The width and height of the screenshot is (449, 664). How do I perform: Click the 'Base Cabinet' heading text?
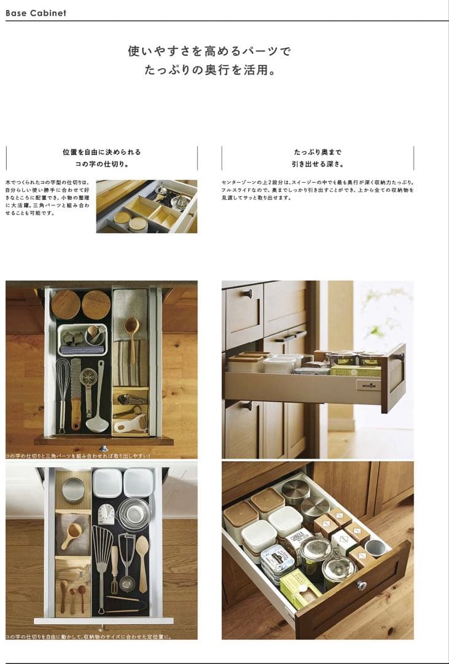click(36, 13)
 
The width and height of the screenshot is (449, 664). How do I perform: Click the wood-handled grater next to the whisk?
click(76, 393)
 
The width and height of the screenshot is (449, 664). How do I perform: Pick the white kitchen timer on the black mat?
click(106, 514)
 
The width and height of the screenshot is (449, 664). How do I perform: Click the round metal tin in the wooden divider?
click(73, 489)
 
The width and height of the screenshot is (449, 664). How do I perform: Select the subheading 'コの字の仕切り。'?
click(101, 164)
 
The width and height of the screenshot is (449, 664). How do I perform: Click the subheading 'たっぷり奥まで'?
click(317, 152)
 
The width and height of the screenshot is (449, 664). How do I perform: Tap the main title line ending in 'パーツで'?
click(209, 52)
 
